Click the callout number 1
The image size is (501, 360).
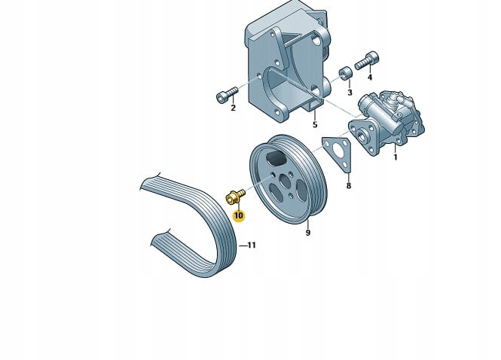click(396, 157)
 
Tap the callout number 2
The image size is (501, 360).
click(234, 108)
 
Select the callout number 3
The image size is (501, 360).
click(350, 93)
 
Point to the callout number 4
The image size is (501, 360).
click(370, 78)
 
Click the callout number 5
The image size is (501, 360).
click(315, 124)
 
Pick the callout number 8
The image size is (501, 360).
click(349, 185)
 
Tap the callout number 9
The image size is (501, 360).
click(308, 233)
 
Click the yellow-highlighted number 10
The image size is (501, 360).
click(239, 216)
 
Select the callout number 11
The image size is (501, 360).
click(252, 246)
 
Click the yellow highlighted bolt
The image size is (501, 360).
click(234, 197)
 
